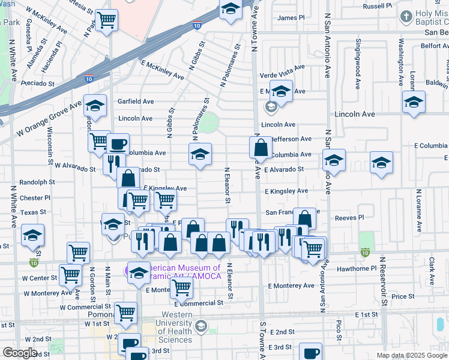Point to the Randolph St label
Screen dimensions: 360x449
pos(37,182)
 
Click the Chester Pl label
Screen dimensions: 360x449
pos(35,198)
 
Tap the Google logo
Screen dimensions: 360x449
pos(20,353)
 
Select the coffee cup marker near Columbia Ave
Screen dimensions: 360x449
pos(119,144)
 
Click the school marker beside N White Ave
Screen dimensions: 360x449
pos(32,235)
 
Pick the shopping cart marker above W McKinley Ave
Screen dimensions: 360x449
pos(107,20)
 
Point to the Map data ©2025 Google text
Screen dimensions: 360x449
pos(412,355)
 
